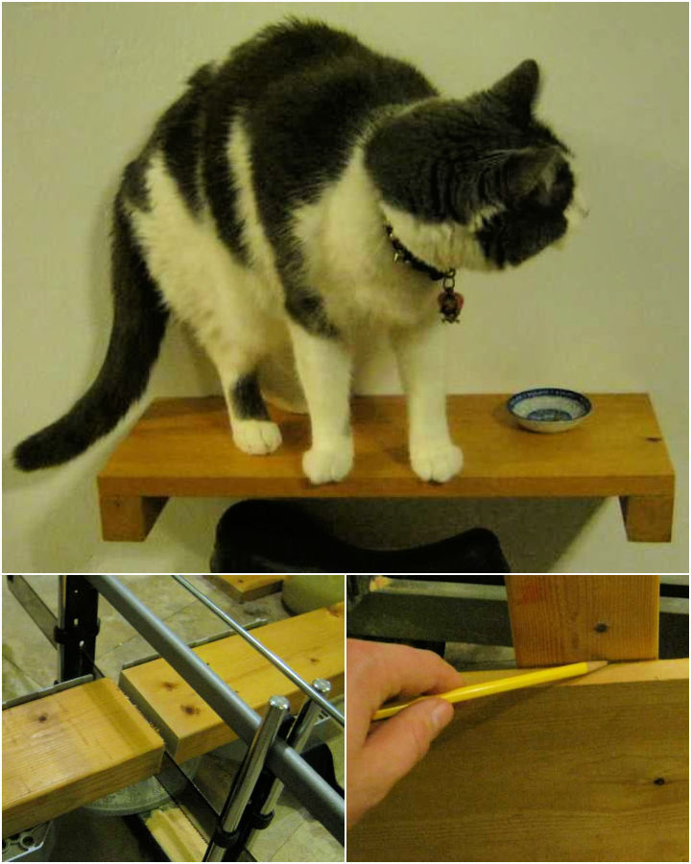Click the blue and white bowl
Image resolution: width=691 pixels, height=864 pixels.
coord(549,408)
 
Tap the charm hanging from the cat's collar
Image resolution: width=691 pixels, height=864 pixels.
coord(449,303)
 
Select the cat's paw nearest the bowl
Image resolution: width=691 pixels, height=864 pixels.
coord(437,461)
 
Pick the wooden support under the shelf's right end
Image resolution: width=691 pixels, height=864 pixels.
coord(646,517)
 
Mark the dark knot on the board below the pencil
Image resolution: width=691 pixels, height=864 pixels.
coord(658,780)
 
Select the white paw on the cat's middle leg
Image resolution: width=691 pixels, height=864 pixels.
coord(327,463)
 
